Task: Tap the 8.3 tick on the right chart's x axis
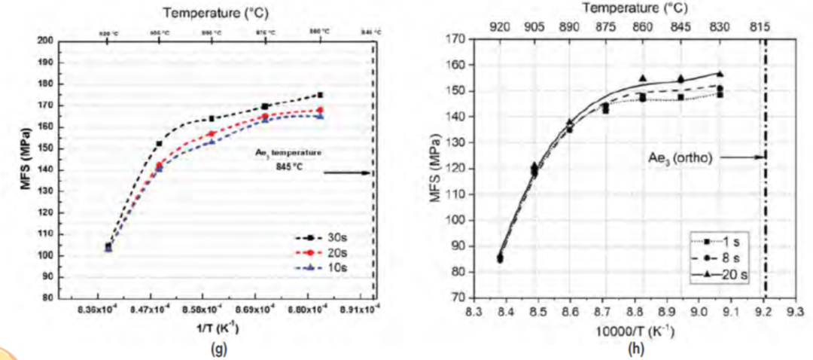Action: [x=473, y=311]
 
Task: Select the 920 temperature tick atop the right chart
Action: [x=499, y=26]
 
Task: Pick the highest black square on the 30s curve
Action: [x=320, y=95]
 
